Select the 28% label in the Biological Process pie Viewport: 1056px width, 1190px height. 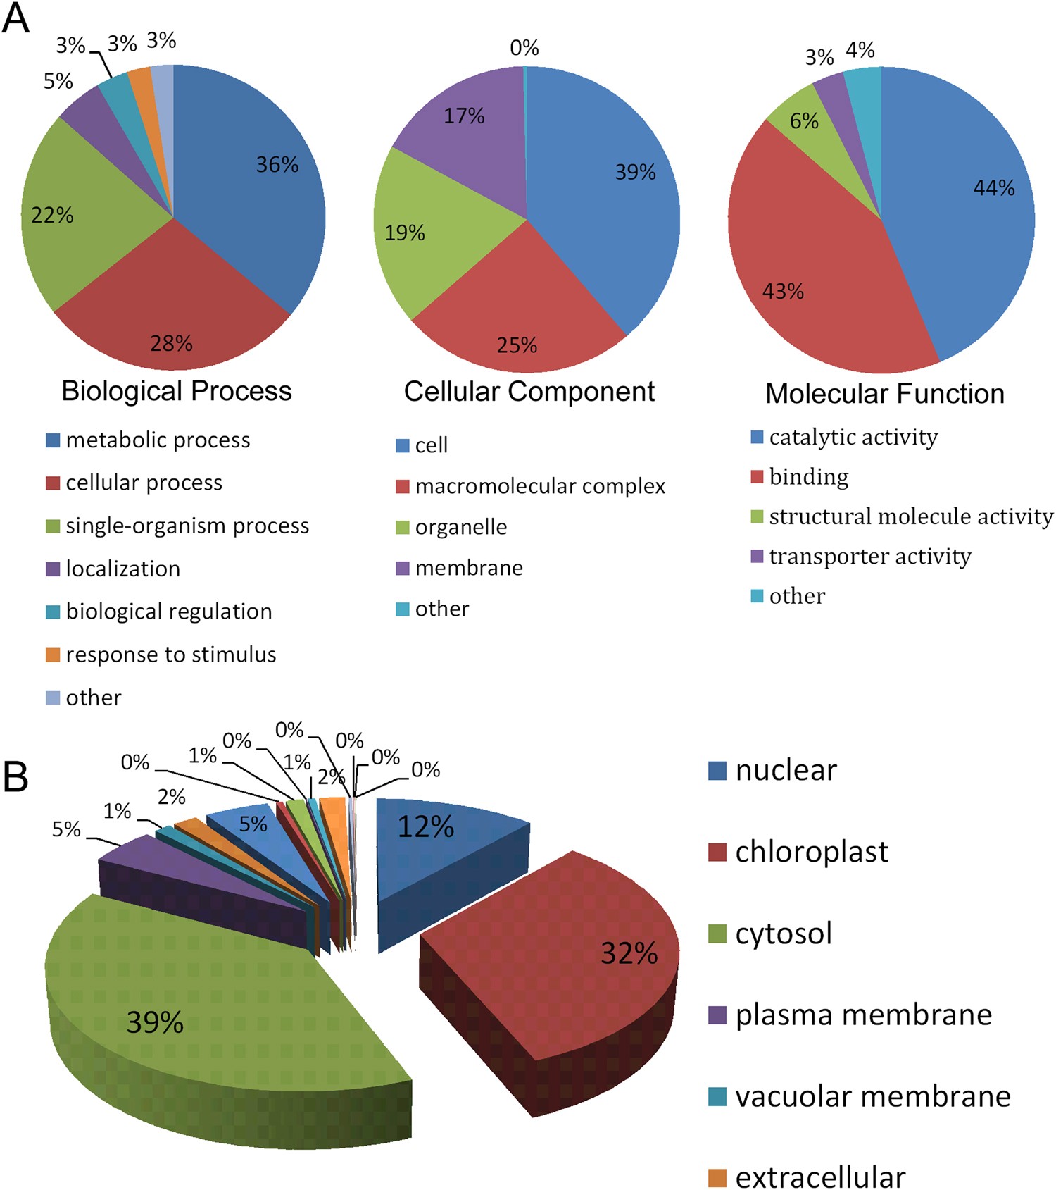click(171, 344)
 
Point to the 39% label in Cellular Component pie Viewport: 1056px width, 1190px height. click(635, 173)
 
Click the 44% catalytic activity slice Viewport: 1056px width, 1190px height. click(972, 211)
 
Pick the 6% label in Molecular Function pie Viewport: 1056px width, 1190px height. click(804, 121)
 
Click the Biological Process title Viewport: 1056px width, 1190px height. click(176, 391)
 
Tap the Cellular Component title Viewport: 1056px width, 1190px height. click(529, 392)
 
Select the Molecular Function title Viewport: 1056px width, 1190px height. click(884, 394)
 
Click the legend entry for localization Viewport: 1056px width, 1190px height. click(122, 569)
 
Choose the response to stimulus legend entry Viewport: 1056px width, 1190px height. click(170, 655)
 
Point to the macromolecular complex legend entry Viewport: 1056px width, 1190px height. click(539, 486)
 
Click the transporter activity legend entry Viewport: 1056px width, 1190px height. click(869, 556)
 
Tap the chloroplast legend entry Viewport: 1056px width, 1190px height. click(811, 852)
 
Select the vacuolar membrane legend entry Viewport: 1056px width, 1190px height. click(872, 1096)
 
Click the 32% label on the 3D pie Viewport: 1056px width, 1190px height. click(628, 953)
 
